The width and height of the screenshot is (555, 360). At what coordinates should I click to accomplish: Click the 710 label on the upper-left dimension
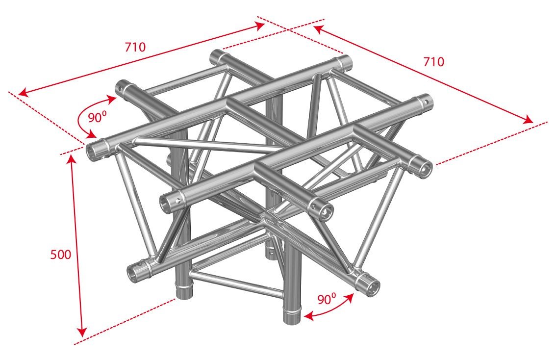135,47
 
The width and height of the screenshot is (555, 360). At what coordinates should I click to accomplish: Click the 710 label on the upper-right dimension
433,62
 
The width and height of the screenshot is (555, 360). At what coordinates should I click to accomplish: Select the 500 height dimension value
61,255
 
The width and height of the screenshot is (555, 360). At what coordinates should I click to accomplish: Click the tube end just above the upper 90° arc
121,88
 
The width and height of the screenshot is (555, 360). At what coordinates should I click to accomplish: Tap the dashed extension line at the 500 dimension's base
127,319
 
